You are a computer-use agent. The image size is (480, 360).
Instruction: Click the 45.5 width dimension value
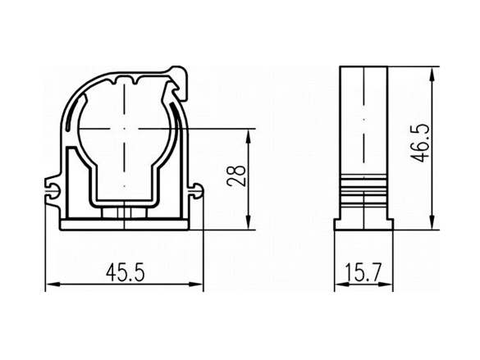click(x=126, y=273)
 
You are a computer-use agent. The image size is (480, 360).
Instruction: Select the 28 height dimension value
click(x=236, y=175)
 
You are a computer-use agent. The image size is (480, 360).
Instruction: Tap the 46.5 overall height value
click(x=419, y=143)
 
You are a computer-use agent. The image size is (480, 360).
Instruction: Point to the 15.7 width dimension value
click(x=363, y=273)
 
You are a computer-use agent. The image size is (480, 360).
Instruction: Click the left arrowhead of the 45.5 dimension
click(x=52, y=285)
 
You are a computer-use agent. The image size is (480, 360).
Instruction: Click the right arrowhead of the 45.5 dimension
click(x=196, y=285)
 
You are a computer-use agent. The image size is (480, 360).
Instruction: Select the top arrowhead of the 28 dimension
click(x=249, y=135)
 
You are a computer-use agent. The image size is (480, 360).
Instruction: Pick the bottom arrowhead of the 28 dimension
click(x=249, y=222)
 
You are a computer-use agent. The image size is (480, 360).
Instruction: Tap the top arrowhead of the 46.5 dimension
click(x=432, y=74)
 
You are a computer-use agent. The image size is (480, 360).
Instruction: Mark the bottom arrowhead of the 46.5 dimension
click(x=432, y=222)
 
